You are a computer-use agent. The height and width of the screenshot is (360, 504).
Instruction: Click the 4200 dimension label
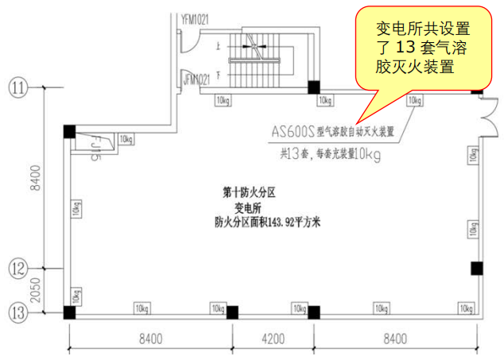pyautogui.click(x=273, y=339)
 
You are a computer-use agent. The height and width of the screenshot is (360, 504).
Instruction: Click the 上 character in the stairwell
pyautogui.click(x=218, y=45)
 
